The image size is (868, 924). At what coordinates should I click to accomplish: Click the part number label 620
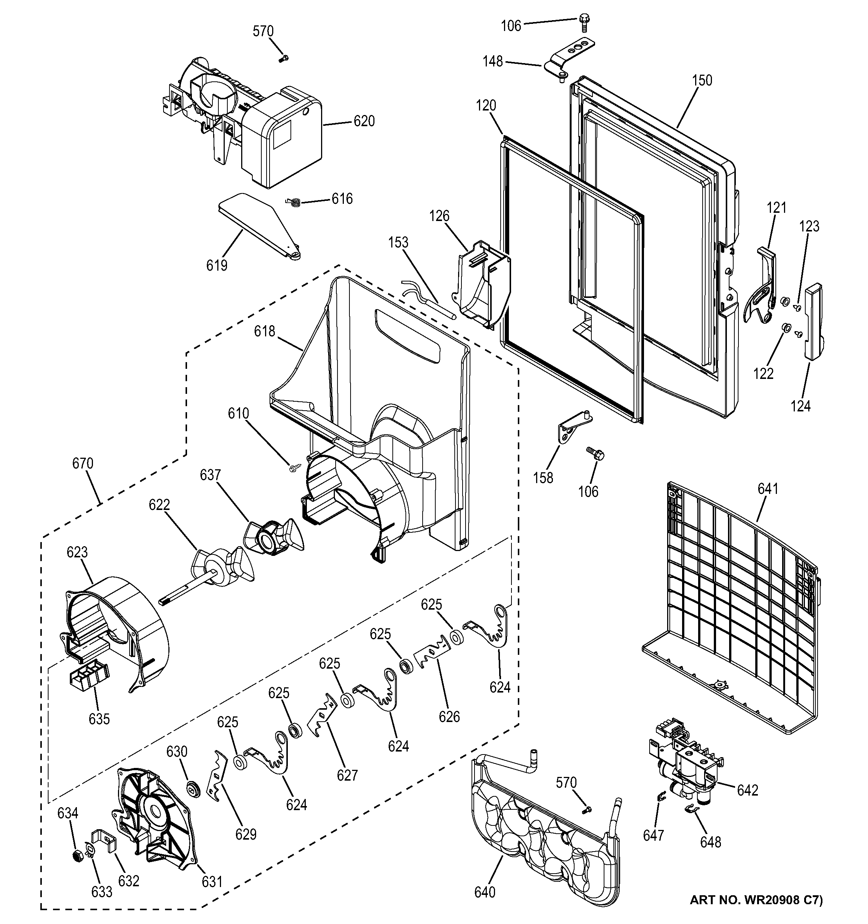(364, 121)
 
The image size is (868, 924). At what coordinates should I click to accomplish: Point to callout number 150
(701, 80)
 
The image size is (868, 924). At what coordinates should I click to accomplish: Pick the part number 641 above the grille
(768, 489)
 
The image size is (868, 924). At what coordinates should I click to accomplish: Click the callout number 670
(83, 463)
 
